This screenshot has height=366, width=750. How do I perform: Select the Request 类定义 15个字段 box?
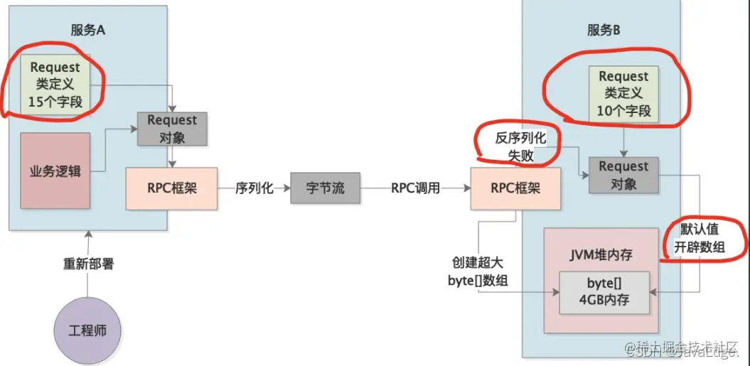tap(55, 85)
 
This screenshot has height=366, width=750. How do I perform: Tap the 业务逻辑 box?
tap(55, 171)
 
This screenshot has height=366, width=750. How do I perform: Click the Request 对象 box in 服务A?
tap(172, 129)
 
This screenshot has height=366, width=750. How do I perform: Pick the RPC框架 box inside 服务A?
tap(171, 188)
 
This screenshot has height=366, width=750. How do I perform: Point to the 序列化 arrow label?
tap(255, 188)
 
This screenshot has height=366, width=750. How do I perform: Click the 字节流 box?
tap(326, 188)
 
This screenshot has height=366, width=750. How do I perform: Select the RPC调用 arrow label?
tap(415, 188)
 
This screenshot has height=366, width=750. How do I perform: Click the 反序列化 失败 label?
tap(521, 146)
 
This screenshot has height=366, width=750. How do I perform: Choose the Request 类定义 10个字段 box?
tap(623, 93)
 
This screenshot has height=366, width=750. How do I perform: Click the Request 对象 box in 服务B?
tap(623, 175)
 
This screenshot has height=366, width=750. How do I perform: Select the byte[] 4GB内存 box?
tap(604, 291)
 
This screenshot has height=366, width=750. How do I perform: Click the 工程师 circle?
tap(88, 331)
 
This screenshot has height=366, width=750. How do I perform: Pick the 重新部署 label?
tap(88, 264)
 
